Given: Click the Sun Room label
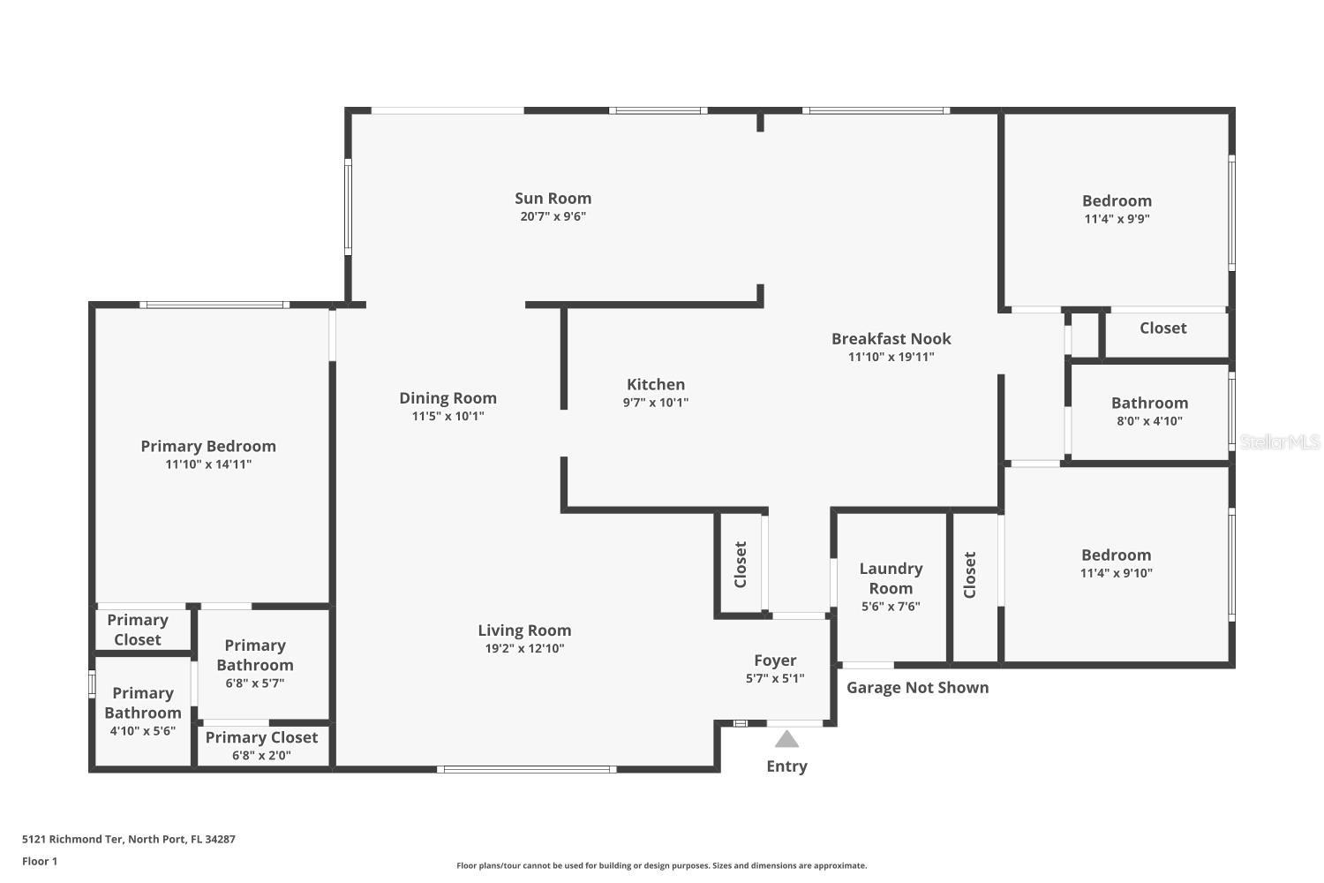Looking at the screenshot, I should (553, 199).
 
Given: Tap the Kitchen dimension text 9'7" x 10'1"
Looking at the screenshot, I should (655, 403).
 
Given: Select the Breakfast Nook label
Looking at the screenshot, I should (891, 339).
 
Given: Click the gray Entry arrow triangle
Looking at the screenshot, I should (786, 739).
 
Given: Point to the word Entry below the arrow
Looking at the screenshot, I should (786, 766).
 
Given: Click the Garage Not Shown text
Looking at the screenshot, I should (917, 688).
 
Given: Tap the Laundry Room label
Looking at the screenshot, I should (891, 578).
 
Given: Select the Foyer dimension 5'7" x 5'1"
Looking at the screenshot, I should (775, 679).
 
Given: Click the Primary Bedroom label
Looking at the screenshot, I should (208, 447).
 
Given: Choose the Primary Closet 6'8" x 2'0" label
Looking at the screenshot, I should (261, 746).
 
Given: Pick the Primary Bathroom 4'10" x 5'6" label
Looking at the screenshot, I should (143, 711).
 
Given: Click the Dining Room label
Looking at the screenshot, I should (448, 398).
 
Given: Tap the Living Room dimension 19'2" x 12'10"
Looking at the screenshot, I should (524, 648).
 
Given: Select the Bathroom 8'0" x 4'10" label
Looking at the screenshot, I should (1149, 411).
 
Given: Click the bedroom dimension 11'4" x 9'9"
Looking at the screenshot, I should (1117, 219).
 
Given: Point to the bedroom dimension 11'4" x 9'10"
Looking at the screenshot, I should (1117, 573).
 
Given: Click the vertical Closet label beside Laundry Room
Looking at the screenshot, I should (970, 575).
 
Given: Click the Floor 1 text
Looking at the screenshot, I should (40, 862).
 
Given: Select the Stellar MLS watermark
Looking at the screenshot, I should (1279, 442).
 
